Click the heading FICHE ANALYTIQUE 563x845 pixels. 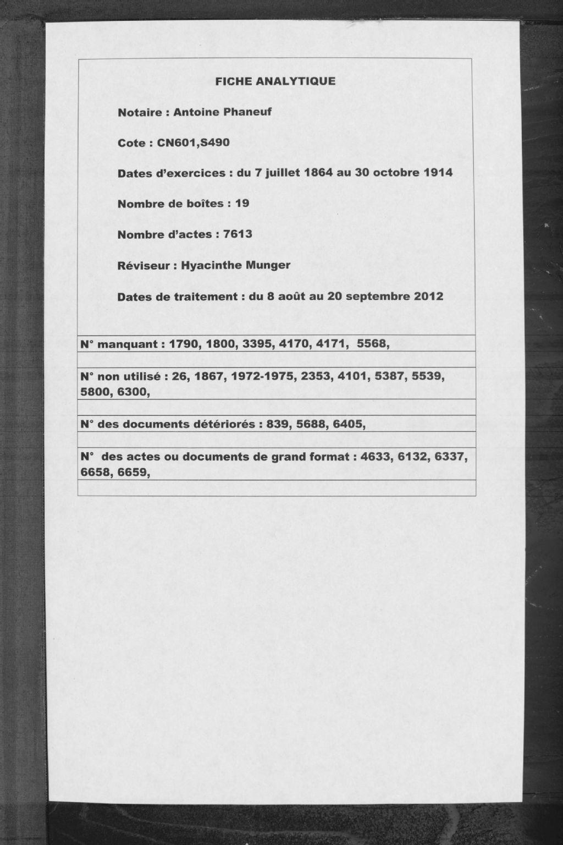coord(275,81)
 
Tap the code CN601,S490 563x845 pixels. coord(193,143)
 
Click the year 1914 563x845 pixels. coord(438,173)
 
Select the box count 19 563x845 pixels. coord(242,204)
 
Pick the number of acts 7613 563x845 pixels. coord(238,234)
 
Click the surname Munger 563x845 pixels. coord(268,265)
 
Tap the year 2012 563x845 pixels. coord(429,297)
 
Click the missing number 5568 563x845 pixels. coord(373,344)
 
